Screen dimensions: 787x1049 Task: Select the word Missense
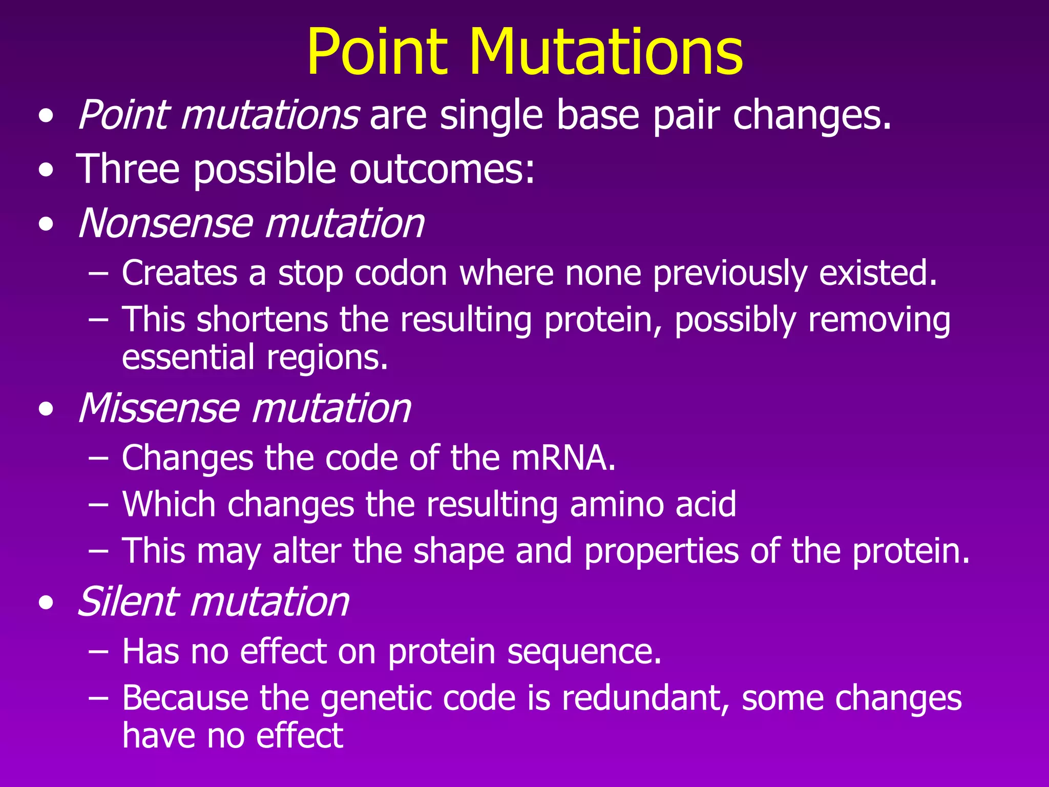point(158,408)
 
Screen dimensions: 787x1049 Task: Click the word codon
point(401,274)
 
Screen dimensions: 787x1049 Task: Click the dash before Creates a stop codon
point(98,274)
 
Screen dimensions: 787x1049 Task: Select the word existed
point(878,273)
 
